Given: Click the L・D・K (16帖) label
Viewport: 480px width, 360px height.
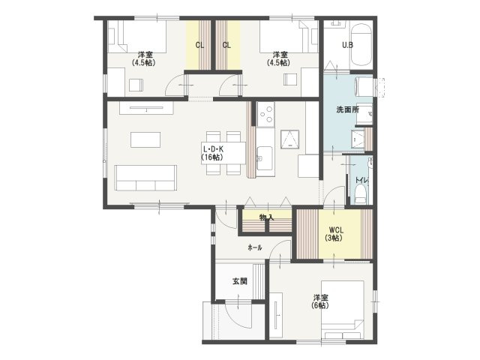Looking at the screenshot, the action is coord(213,153).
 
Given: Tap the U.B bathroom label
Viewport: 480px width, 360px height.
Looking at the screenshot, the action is coord(347,45).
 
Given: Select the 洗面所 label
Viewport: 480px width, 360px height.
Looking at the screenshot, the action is coord(347,109).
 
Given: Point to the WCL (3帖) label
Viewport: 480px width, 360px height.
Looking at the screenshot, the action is coord(336,233).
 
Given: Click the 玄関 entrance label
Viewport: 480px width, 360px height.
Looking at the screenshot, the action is coord(240,281).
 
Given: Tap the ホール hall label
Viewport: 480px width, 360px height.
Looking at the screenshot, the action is coord(255,247).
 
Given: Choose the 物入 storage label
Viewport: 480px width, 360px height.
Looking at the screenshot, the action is coord(267,217).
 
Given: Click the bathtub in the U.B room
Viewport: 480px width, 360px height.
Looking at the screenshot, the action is coord(361,45).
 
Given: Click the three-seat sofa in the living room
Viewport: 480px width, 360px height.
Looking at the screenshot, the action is coord(145,178).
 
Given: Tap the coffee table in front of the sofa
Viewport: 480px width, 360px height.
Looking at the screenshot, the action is coord(145,139).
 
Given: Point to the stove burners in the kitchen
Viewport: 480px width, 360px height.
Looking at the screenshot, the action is coord(265,114).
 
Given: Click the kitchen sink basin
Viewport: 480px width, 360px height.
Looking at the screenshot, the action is coord(265,158).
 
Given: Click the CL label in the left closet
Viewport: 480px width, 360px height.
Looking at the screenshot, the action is coord(199,45).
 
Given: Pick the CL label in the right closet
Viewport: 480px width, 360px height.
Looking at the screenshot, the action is coord(226,45).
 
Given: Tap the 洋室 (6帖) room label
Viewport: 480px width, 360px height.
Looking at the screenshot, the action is coord(320,301).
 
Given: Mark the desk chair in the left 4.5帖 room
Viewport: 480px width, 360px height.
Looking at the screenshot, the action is coord(136,85).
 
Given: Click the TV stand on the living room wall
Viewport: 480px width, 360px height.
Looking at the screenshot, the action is coord(146,108).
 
